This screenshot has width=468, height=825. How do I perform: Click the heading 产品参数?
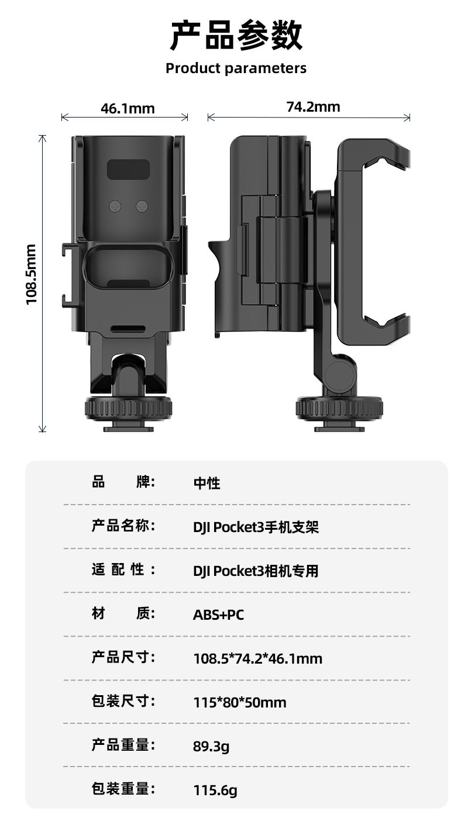tap(236, 35)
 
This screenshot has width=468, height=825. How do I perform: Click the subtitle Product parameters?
tap(236, 68)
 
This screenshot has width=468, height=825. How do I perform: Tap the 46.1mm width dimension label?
tap(128, 108)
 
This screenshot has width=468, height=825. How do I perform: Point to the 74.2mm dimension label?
tap(313, 106)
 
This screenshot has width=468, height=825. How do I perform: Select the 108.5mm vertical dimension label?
tap(32, 274)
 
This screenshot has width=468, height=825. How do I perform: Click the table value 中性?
tap(207, 483)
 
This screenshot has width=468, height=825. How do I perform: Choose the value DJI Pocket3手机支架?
tap(256, 527)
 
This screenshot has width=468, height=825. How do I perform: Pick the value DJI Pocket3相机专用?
tap(256, 571)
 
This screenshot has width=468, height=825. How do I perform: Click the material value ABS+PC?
tap(218, 615)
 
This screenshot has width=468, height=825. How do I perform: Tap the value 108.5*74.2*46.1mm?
tap(257, 659)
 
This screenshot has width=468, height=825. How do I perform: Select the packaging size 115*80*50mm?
tap(240, 702)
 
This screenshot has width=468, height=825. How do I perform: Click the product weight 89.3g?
tap(211, 746)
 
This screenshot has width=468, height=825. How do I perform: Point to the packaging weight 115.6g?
tap(215, 791)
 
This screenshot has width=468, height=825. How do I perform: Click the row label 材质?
tap(123, 613)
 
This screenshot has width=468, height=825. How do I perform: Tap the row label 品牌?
tap(123, 482)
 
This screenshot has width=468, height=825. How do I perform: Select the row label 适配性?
tap(123, 569)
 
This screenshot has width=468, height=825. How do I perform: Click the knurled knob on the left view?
tap(129, 408)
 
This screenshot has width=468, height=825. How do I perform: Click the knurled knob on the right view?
tap(339, 408)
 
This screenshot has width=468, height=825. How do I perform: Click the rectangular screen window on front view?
tap(129, 170)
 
